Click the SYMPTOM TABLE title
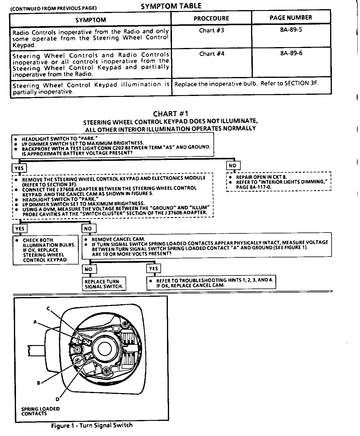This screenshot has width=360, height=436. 171,6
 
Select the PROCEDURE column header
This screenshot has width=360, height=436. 211,18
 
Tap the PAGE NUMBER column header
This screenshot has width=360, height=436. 290,17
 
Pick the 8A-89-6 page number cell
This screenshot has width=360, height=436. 291,54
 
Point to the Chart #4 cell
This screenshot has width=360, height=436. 211,54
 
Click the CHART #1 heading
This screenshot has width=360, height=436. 171,114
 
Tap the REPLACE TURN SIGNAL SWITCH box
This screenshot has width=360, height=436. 104,284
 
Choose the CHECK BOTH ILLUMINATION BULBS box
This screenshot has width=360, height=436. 46,250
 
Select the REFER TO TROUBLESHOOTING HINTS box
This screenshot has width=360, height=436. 211,283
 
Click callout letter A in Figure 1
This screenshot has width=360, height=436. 35,322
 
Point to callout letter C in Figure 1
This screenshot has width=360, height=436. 48,308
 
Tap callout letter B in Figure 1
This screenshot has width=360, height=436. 38,383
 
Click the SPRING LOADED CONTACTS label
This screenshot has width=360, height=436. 40,411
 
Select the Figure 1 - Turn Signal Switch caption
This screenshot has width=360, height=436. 92,426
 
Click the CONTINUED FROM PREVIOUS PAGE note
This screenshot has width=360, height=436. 53,8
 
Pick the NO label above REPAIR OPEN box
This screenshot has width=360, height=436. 233,166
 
